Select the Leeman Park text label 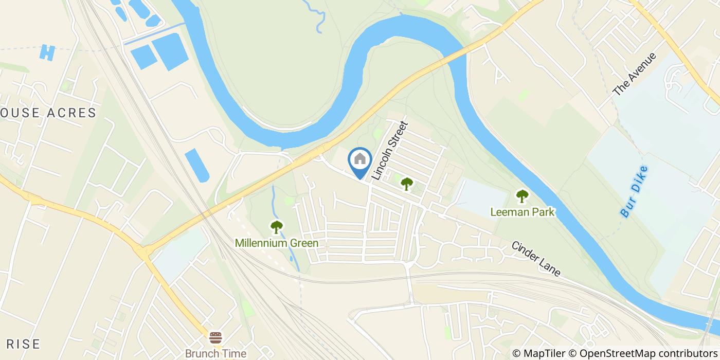(522, 211)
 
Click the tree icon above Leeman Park (522, 196)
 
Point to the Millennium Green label (277, 243)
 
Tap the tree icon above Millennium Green (277, 226)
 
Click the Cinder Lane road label (536, 258)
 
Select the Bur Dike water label (633, 191)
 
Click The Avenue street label (635, 74)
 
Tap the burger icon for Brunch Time (215, 338)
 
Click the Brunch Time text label (215, 353)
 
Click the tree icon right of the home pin (407, 183)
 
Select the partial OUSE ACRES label (48, 113)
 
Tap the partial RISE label (20, 344)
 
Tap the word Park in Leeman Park (543, 211)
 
